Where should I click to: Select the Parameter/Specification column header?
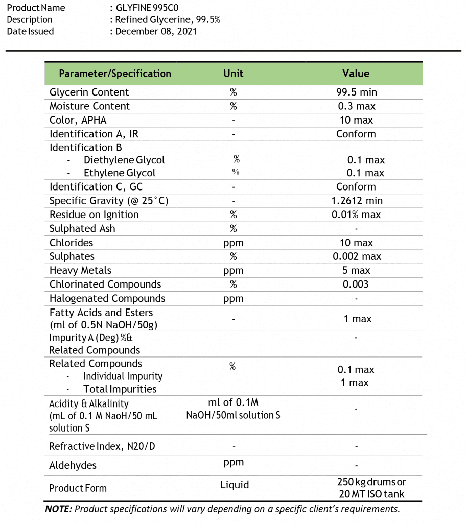coord(115,74)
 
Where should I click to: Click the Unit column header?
coord(233,74)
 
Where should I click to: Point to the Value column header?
coord(356,74)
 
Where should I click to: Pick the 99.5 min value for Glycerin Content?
coord(356,92)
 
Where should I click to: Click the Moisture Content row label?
coord(89,106)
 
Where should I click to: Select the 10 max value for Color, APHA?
coord(356,121)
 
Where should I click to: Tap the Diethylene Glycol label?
coord(124,160)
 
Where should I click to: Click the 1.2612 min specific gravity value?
coord(357,201)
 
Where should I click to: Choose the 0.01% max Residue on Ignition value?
coord(356,215)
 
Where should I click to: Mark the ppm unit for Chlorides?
coord(233,243)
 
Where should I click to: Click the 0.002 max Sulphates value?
coord(357,257)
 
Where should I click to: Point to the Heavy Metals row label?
coord(80,271)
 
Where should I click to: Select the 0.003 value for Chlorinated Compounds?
coord(356,284)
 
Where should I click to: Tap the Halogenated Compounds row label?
coord(107,298)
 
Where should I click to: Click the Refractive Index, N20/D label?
coord(102,447)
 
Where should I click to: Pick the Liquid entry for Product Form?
coord(235,485)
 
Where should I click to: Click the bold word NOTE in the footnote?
coord(59,509)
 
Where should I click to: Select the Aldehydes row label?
coord(73,465)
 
